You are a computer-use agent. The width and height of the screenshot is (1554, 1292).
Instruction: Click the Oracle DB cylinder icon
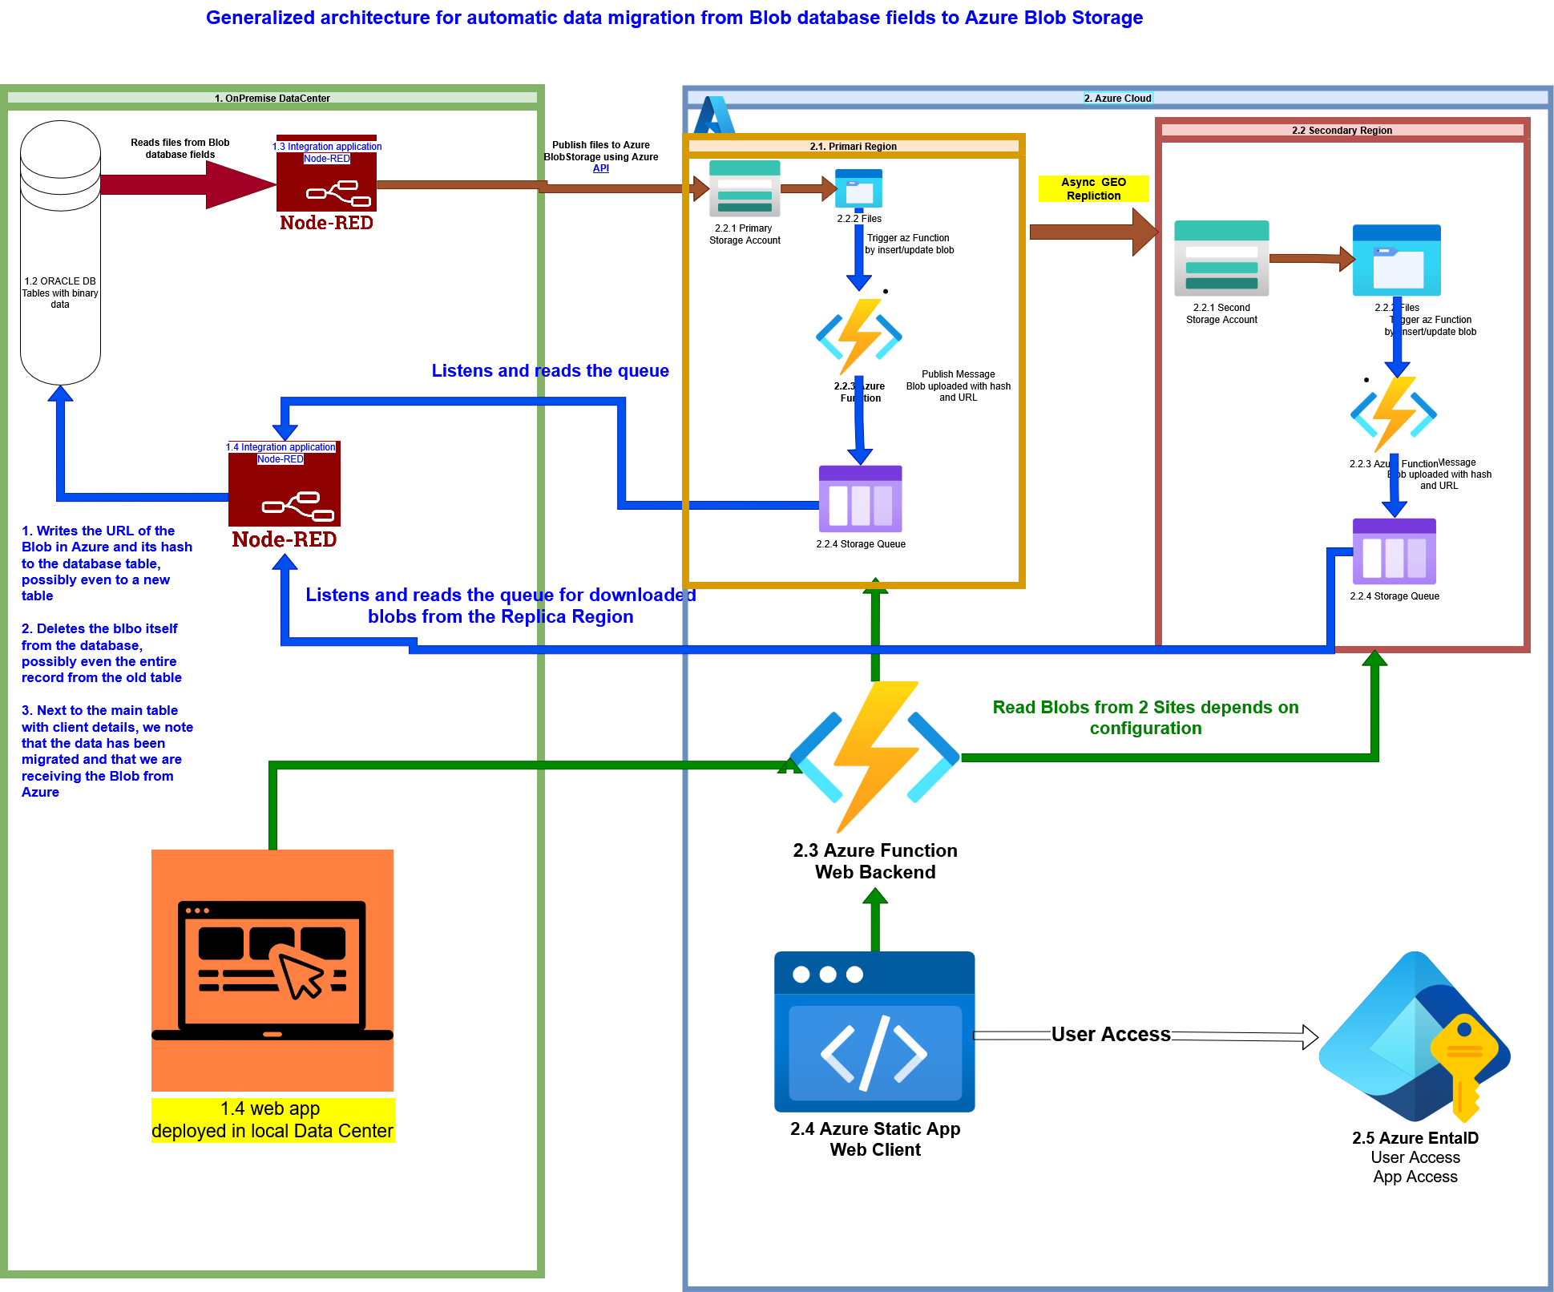60,252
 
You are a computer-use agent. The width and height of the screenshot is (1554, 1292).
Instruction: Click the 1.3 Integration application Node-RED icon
326,183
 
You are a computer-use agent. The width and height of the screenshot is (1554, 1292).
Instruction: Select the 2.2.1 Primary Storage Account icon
745,189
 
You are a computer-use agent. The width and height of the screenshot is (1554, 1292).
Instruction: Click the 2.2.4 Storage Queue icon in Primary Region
860,499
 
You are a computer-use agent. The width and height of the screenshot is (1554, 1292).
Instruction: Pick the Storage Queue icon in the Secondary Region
1394,551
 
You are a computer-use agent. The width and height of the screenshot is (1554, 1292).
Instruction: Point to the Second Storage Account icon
1221,258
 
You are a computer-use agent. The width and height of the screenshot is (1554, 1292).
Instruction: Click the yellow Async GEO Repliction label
1093,189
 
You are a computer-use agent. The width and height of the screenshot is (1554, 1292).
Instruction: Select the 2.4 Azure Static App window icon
874,1032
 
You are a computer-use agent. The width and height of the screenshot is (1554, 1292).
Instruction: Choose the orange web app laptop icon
272,970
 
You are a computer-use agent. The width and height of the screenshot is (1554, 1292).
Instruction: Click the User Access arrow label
1110,1035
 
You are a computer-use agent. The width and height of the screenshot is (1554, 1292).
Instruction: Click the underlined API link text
600,168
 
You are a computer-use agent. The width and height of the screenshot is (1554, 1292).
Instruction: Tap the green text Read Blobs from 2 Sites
1145,717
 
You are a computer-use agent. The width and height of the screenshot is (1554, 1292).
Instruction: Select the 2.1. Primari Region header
853,147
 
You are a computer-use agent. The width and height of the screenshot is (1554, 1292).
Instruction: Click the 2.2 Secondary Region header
1342,131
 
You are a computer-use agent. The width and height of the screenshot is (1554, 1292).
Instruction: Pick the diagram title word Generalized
260,18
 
